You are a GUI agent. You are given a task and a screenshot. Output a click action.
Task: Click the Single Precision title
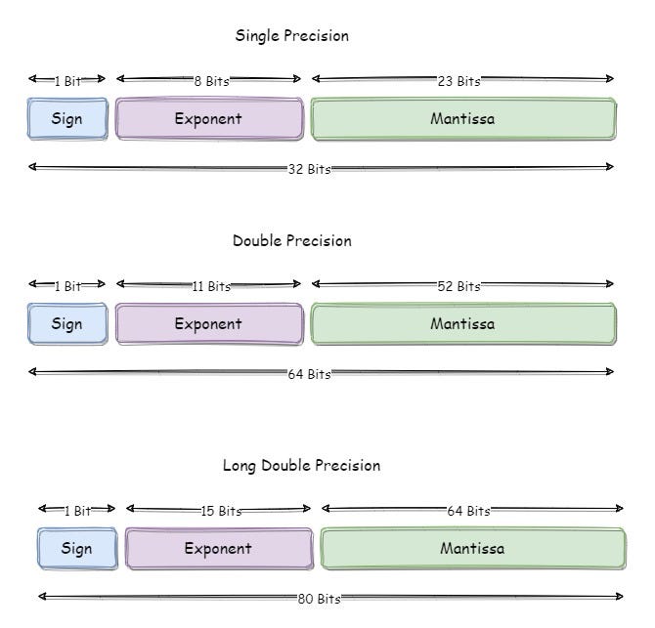(x=291, y=36)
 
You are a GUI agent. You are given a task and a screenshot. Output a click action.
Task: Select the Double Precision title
(x=291, y=241)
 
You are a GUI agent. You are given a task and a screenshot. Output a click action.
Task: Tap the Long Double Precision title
(x=301, y=466)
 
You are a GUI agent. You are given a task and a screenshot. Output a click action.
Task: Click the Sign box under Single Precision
(x=66, y=119)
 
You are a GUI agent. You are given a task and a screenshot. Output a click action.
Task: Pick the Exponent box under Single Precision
(x=208, y=119)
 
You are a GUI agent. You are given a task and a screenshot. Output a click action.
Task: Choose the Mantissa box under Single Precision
(x=462, y=119)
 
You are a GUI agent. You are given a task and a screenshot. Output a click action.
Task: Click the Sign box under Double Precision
(x=66, y=324)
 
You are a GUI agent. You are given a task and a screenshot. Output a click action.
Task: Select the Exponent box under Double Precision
(x=208, y=324)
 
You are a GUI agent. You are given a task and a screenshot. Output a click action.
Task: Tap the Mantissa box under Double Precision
(x=462, y=324)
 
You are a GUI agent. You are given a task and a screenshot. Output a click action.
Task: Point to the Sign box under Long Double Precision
(x=76, y=549)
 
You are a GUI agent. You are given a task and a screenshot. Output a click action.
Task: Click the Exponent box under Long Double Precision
(x=218, y=549)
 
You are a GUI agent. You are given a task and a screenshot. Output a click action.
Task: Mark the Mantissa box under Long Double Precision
(x=472, y=549)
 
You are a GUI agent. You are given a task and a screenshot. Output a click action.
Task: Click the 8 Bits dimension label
(x=210, y=81)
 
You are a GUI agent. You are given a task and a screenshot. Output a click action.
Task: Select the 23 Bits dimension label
(x=458, y=81)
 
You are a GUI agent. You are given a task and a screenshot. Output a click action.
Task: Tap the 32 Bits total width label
(x=309, y=169)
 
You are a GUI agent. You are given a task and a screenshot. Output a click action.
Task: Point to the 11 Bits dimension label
(x=210, y=286)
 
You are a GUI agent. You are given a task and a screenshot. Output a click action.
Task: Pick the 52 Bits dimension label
(x=458, y=286)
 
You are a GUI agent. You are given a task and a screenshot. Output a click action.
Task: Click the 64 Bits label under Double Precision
(x=309, y=374)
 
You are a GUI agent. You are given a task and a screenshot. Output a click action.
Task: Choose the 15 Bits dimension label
(x=221, y=511)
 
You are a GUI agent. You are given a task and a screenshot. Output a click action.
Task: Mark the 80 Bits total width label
(x=319, y=599)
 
